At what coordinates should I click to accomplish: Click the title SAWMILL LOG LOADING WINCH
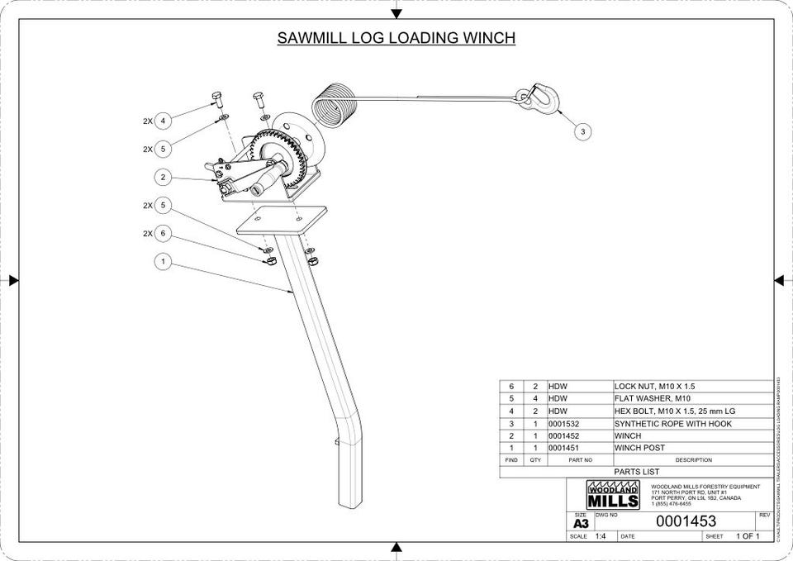[396, 38]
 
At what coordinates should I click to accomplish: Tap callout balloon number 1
[163, 262]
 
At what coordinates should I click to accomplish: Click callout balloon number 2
[163, 177]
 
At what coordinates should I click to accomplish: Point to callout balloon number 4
[163, 121]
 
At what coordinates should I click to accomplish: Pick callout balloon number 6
[163, 234]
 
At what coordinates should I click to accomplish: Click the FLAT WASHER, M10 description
[652, 399]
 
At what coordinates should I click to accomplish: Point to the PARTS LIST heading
[636, 472]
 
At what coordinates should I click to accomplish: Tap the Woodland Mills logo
[612, 495]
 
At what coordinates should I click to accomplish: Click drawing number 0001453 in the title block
[686, 522]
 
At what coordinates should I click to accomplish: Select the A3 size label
[581, 524]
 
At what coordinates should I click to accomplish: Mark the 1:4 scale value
[600, 536]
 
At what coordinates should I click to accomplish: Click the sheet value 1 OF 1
[747, 536]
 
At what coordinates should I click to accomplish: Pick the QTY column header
[535, 460]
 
